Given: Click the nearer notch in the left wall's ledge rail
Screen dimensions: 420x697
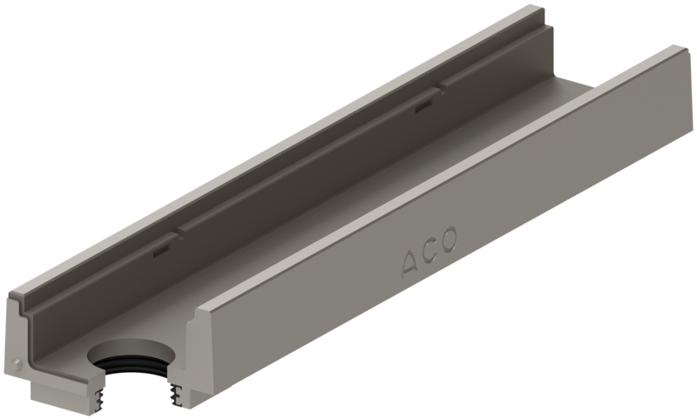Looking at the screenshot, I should tap(177, 232).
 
